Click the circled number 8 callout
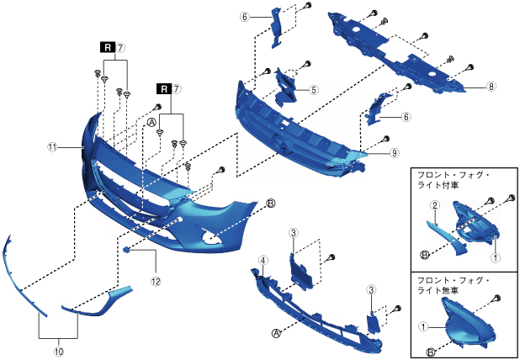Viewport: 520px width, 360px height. click(491, 85)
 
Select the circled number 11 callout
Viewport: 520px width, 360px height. click(52, 146)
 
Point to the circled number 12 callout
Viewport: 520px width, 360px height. click(155, 281)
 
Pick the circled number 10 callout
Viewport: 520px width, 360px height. click(58, 342)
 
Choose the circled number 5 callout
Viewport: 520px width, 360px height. click(313, 89)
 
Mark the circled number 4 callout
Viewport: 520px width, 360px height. click(263, 262)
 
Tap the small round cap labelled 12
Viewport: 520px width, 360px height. click(126, 250)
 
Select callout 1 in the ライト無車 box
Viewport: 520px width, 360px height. click(425, 323)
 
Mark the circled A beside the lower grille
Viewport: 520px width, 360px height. click(275, 332)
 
